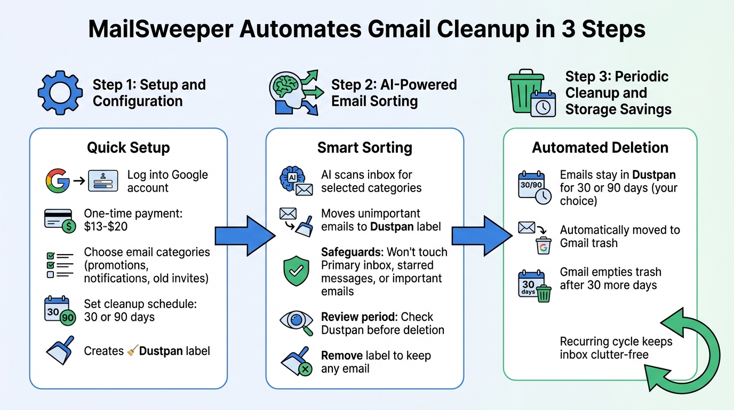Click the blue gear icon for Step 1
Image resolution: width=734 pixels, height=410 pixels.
59,93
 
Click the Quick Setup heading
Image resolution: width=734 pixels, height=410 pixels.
128,147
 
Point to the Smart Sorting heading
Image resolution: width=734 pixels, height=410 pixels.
364,147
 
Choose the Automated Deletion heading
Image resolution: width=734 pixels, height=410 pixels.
600,147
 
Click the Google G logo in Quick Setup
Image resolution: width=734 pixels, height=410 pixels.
57,180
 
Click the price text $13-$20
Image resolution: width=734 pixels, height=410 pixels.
106,226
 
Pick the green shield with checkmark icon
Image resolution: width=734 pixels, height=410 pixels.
295,271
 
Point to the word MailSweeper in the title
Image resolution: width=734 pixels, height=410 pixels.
160,29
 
